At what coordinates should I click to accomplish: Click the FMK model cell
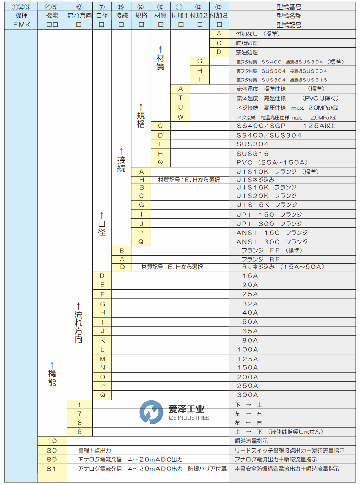pyautogui.click(x=21, y=25)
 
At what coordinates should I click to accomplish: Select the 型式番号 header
pyautogui.click(x=289, y=7)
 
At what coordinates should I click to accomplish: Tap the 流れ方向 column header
pyautogui.click(x=79, y=16)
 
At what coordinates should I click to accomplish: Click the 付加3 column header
pyautogui.click(x=219, y=16)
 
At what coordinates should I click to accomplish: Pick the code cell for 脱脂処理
pyautogui.click(x=219, y=43)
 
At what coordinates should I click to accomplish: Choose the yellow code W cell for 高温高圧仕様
pyautogui.click(x=180, y=117)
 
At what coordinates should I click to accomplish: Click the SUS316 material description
pyautogui.click(x=253, y=154)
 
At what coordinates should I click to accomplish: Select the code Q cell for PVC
pyautogui.click(x=160, y=162)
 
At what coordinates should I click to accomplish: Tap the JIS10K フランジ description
pyautogui.click(x=277, y=172)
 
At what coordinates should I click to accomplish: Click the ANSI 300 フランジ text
pyautogui.click(x=272, y=241)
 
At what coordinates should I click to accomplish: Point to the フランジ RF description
pyautogui.click(x=260, y=259)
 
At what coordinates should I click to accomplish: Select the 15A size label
pyautogui.click(x=250, y=276)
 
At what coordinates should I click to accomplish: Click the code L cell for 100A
pyautogui.click(x=102, y=350)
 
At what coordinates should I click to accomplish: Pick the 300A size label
pyautogui.click(x=247, y=395)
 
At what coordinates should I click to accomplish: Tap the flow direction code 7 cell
pyautogui.click(x=79, y=414)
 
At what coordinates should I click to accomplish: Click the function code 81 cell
pyautogui.click(x=52, y=469)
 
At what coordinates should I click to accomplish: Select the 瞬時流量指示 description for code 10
pyautogui.click(x=251, y=441)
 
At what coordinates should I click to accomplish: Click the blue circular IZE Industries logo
pyautogui.click(x=151, y=412)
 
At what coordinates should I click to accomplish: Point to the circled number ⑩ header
pyautogui.click(x=160, y=7)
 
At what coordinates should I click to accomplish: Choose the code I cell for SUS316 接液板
pyautogui.click(x=200, y=80)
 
